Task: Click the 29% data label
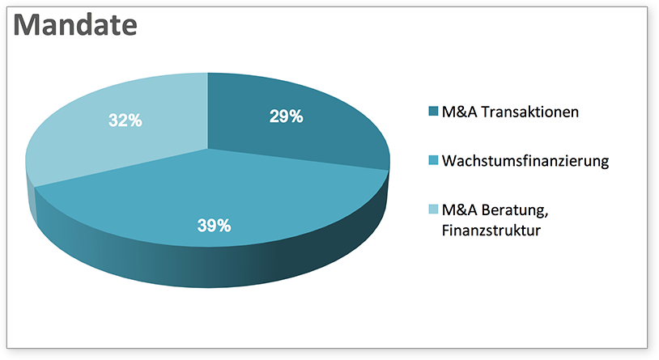tap(286, 116)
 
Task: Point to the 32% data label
tap(125, 121)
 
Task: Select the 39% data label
tap(214, 226)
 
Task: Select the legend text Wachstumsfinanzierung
tap(525, 161)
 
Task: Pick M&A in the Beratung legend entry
tap(459, 210)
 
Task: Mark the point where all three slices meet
tap(208, 149)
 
